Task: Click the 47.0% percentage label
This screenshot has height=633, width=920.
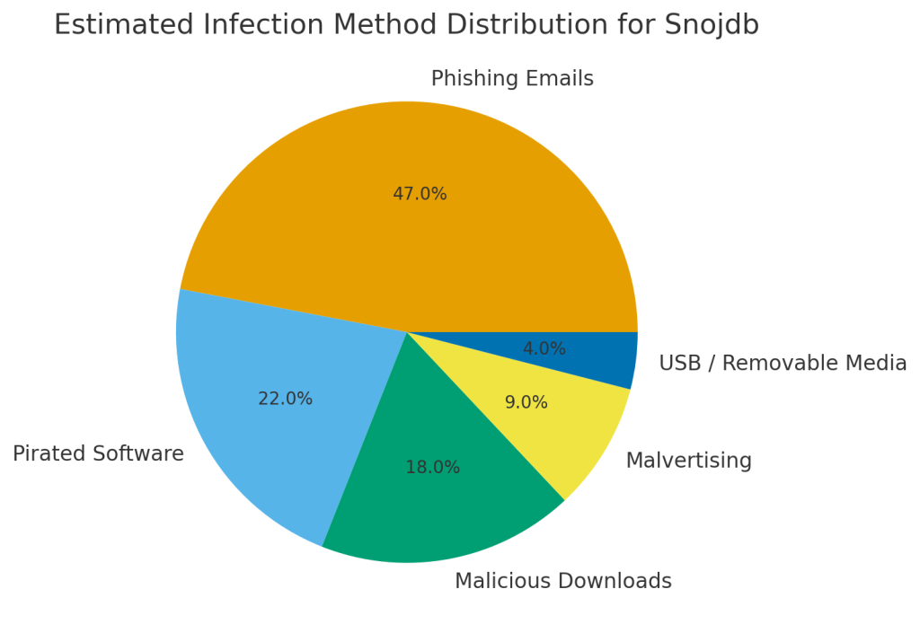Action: point(420,194)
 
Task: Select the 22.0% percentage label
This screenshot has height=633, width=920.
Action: point(285,399)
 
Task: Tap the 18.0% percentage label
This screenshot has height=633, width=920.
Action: point(432,468)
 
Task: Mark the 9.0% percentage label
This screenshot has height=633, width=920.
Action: point(526,403)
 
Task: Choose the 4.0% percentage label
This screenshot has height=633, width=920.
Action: point(544,349)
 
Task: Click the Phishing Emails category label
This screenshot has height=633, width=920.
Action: point(512,79)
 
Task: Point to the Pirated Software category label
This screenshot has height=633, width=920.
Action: point(98,454)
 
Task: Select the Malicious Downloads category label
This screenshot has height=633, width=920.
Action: point(562,582)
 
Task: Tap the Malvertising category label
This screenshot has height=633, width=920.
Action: point(688,462)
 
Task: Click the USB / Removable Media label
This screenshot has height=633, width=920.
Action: point(783,364)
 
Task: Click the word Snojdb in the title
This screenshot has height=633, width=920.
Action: point(712,25)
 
